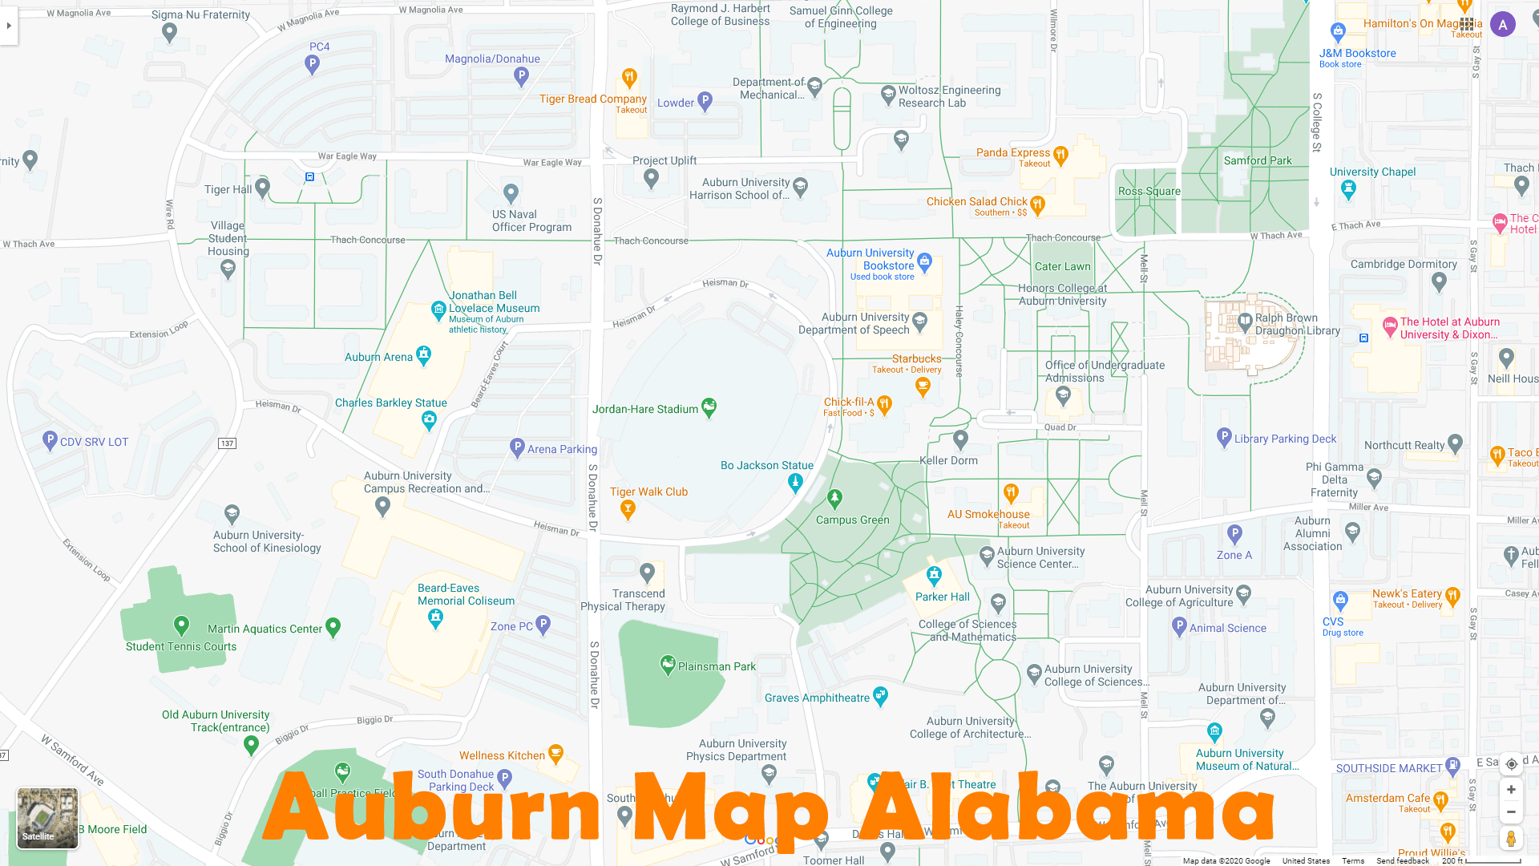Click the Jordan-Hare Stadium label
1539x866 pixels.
click(x=645, y=409)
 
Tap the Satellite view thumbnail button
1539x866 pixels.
click(x=47, y=817)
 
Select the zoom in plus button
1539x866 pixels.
click(x=1511, y=790)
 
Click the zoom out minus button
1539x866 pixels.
click(x=1511, y=812)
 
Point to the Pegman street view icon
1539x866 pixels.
click(x=1511, y=839)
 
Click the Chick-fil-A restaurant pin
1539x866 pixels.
click(x=884, y=404)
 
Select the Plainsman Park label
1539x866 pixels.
click(x=717, y=666)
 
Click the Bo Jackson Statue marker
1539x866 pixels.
click(x=795, y=482)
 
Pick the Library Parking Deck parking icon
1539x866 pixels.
click(x=1224, y=437)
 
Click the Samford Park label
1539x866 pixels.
click(x=1258, y=160)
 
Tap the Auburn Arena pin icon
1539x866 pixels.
click(x=424, y=354)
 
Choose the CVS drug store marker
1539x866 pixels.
click(x=1340, y=600)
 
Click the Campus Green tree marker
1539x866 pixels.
click(x=834, y=499)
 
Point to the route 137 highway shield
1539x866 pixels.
click(x=227, y=443)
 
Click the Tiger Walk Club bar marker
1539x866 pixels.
click(x=628, y=508)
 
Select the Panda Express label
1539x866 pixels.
click(x=1013, y=152)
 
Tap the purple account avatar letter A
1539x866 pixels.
click(x=1503, y=25)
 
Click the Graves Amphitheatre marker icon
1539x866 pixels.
click(x=881, y=695)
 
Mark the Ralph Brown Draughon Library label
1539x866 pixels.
click(x=1297, y=324)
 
